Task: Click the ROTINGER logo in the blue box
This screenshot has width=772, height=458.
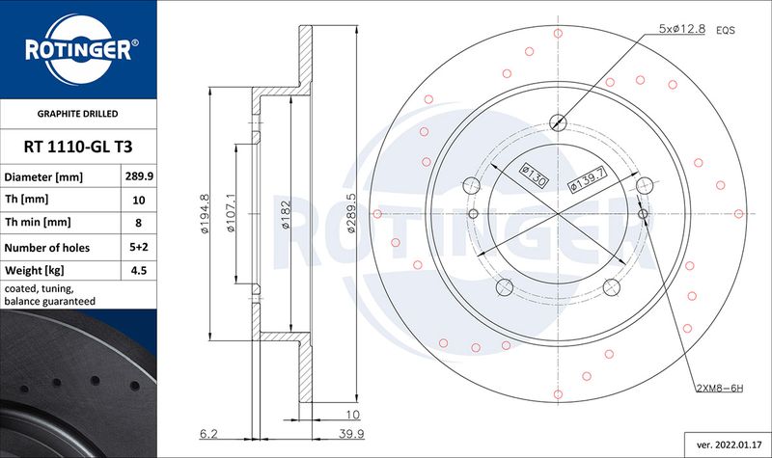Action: [x=79, y=49]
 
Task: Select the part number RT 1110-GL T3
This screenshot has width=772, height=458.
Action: [x=78, y=147]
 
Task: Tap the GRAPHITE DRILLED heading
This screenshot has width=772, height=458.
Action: [x=78, y=114]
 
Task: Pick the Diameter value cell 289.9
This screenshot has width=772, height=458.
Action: [x=139, y=176]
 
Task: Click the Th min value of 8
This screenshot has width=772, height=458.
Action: [x=138, y=223]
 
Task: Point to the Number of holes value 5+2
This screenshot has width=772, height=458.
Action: [x=139, y=247]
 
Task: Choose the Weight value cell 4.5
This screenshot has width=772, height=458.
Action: [x=139, y=271]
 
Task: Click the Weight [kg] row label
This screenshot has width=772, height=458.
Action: [x=35, y=271]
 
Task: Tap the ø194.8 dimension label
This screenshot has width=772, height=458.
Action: [x=206, y=213]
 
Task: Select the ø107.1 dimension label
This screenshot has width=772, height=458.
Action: [x=231, y=213]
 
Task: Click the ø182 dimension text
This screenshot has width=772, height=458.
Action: [x=286, y=214]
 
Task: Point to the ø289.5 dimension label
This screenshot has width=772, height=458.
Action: [x=351, y=212]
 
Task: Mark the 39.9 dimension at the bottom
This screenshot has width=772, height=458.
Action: [x=351, y=433]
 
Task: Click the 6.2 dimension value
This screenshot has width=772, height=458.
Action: [x=208, y=433]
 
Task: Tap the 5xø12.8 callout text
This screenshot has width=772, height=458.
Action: [x=682, y=29]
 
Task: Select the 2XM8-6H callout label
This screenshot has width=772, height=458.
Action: [x=720, y=389]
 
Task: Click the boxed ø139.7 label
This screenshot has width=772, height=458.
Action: [x=588, y=179]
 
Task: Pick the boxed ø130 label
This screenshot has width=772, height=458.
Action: [x=535, y=175]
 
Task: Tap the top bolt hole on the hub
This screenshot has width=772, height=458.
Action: [x=558, y=121]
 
